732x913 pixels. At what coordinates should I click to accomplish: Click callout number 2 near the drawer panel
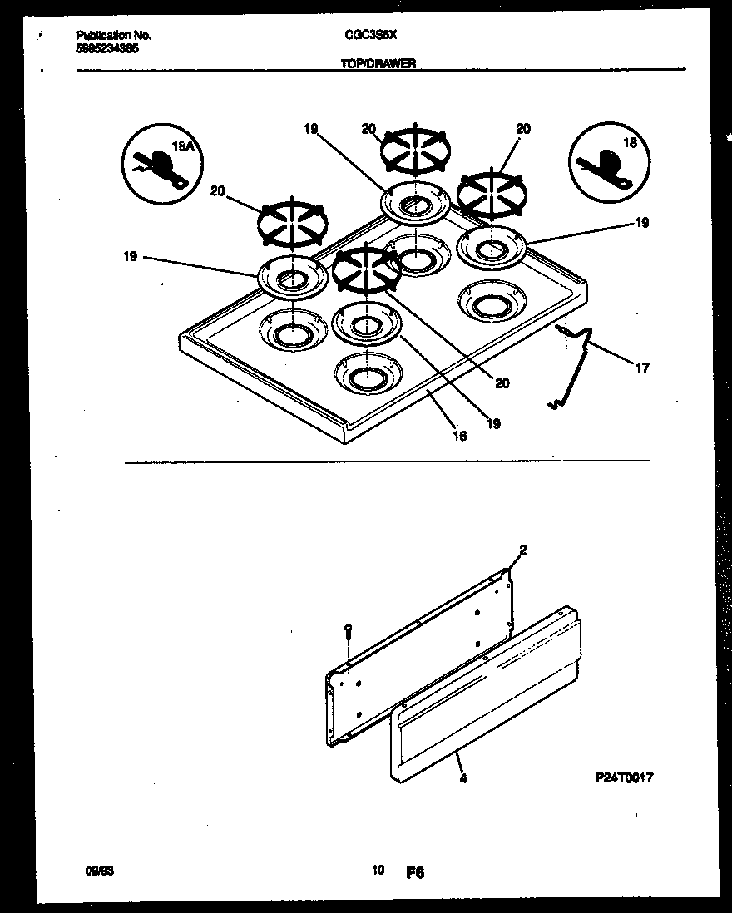pyautogui.click(x=522, y=550)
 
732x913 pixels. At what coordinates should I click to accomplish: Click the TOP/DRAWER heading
pyautogui.click(x=378, y=63)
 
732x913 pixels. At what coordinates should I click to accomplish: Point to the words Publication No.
pyautogui.click(x=113, y=37)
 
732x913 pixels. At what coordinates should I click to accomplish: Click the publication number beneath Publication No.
pyautogui.click(x=107, y=48)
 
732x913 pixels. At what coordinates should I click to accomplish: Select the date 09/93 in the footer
pyautogui.click(x=99, y=871)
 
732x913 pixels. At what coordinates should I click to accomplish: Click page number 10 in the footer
pyautogui.click(x=378, y=871)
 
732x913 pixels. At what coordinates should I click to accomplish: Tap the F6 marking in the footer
pyautogui.click(x=415, y=872)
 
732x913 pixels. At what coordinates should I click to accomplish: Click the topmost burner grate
pyautogui.click(x=415, y=151)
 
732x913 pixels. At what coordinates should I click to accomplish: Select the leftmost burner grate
pyautogui.click(x=292, y=224)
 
